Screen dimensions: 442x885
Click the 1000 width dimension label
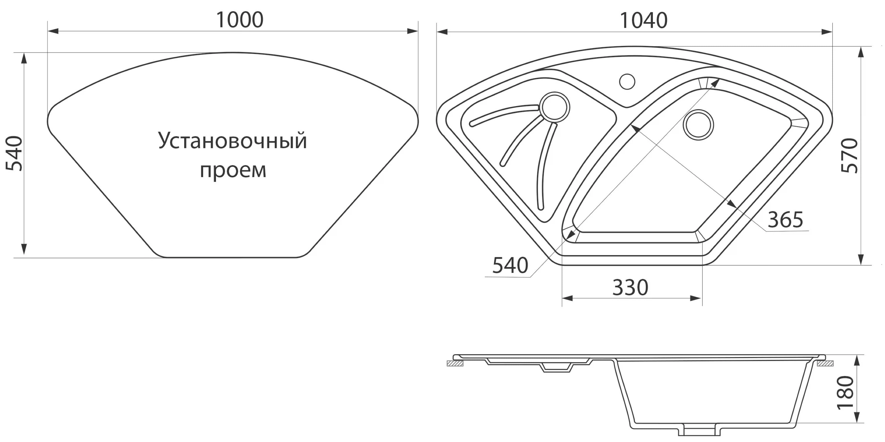[239, 20]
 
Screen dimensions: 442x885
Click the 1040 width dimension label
[643, 20]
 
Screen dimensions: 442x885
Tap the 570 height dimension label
[850, 156]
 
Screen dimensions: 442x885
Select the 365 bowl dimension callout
[785, 220]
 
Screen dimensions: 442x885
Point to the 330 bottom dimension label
[630, 288]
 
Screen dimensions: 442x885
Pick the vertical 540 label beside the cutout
[14, 154]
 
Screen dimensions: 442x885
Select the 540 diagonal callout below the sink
[510, 265]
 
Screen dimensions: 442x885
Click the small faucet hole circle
[627, 82]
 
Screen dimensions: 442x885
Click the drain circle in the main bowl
[698, 125]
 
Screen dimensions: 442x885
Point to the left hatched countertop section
[455, 364]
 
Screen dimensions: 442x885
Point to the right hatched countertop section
[825, 364]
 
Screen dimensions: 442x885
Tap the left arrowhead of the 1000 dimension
[53, 31]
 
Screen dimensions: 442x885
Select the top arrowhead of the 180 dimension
[858, 360]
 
